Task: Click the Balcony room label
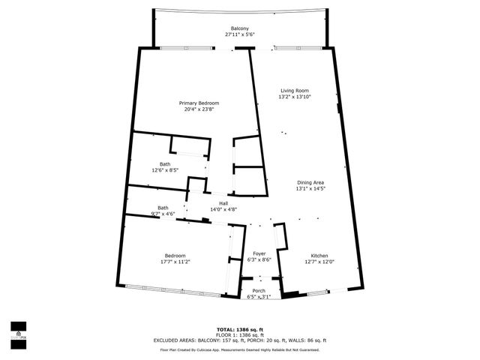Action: (x=240, y=28)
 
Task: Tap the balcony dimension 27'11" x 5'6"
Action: (x=240, y=35)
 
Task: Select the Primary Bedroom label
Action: (x=199, y=103)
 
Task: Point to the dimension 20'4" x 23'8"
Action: (x=199, y=109)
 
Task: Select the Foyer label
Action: (x=259, y=253)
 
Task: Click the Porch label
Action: (x=259, y=290)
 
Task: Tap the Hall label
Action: (x=223, y=203)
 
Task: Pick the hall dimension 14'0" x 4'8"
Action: (x=223, y=210)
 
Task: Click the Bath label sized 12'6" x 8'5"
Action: (x=164, y=163)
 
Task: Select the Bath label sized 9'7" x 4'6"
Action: (x=163, y=208)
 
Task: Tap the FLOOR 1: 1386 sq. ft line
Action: (x=240, y=334)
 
